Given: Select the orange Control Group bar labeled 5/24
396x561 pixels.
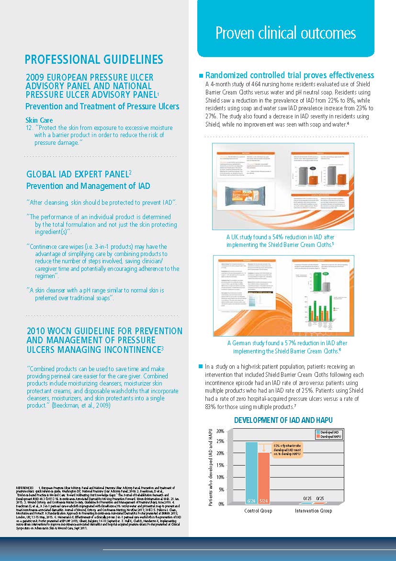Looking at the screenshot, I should click(x=264, y=477).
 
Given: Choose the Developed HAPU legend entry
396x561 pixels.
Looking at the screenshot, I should click(x=330, y=437).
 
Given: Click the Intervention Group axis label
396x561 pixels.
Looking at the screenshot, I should click(x=314, y=511).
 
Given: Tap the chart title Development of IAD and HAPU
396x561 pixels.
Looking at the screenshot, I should click(x=283, y=420).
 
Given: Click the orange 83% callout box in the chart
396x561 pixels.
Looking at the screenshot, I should click(x=287, y=450).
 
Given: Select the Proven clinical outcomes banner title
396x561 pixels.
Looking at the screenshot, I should click(x=285, y=33).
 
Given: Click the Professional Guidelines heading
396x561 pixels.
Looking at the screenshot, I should click(x=94, y=59).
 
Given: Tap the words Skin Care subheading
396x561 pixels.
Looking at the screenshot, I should click(x=39, y=120).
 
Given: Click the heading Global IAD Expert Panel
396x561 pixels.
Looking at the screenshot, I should click(x=79, y=174).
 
